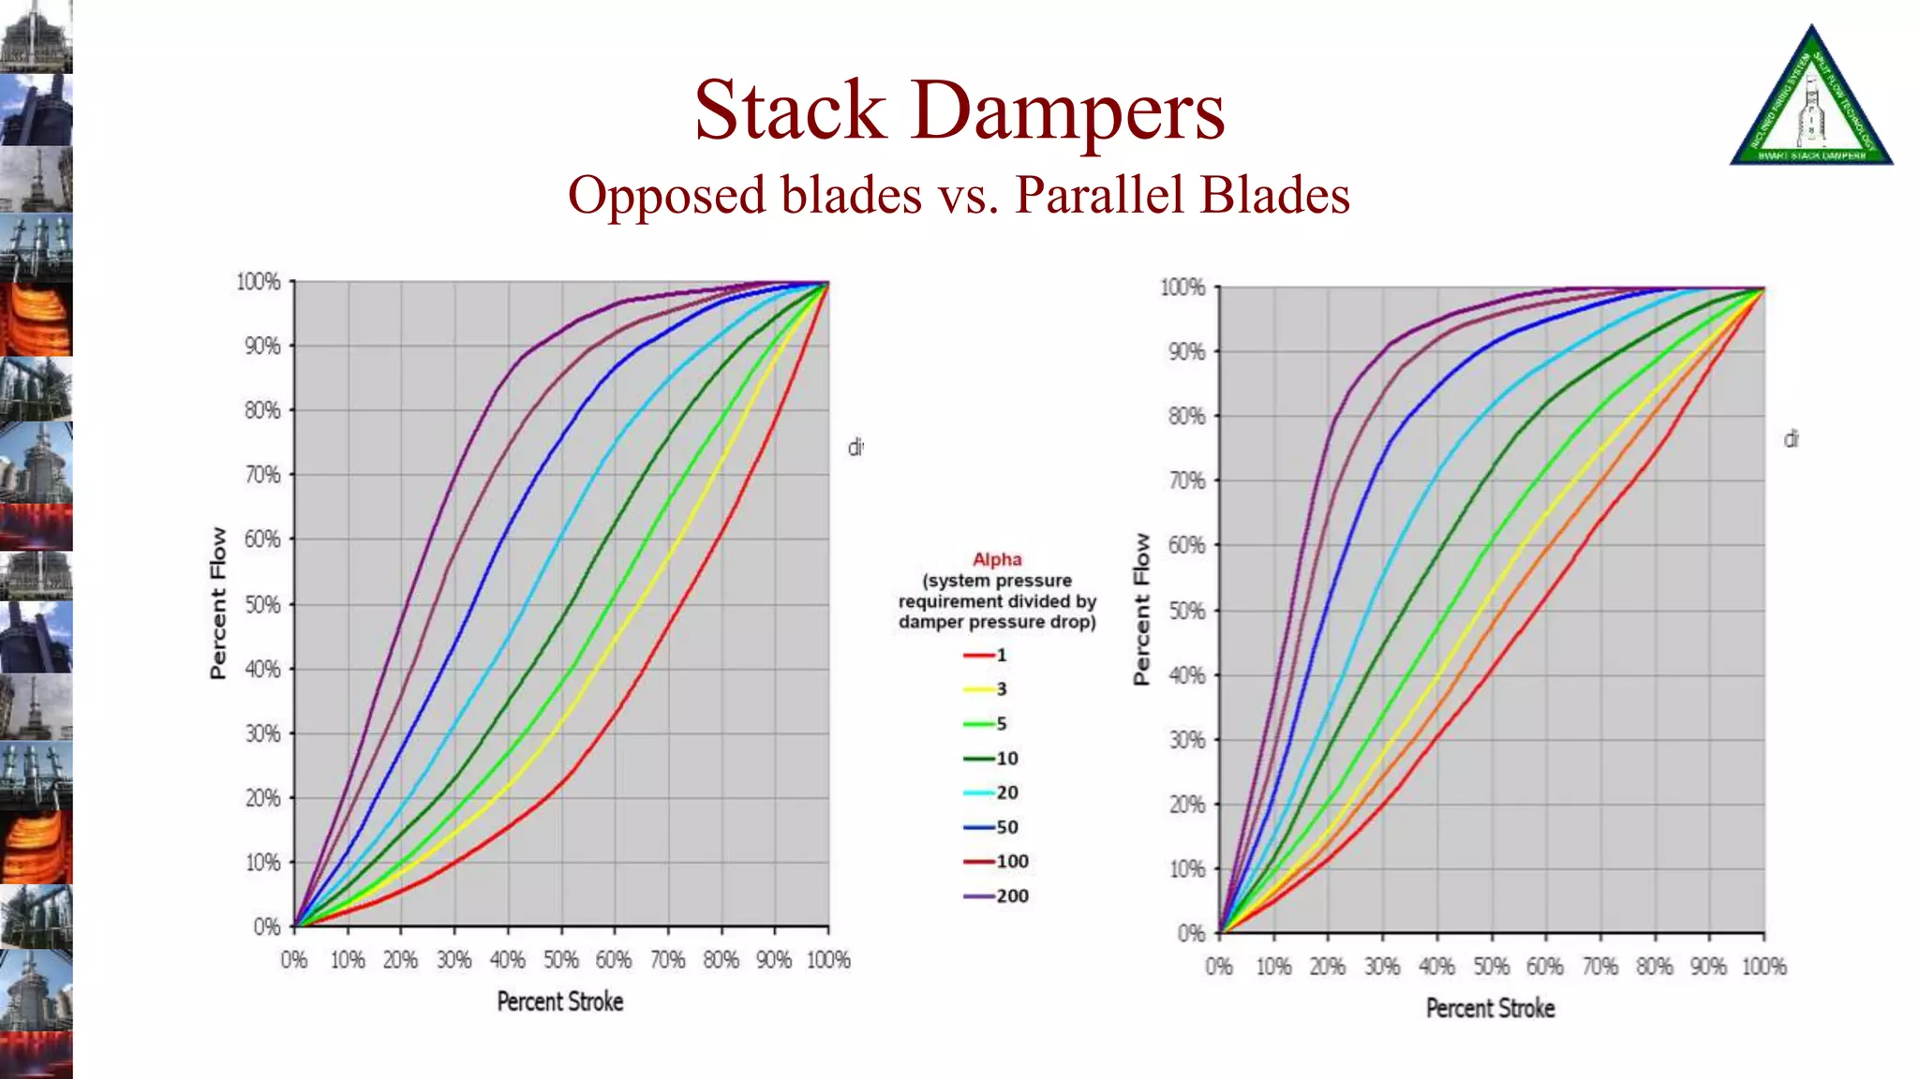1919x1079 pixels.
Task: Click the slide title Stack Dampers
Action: pyautogui.click(x=959, y=111)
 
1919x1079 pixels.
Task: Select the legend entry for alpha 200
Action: pyautogui.click(x=997, y=896)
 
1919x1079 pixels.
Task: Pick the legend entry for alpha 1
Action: pyautogui.click(x=986, y=656)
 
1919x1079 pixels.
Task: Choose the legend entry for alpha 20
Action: pyautogui.click(x=991, y=793)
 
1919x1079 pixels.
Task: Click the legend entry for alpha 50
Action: pyautogui.click(x=991, y=828)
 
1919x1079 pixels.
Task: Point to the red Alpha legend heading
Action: pyautogui.click(x=997, y=560)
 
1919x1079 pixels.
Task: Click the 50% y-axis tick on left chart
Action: pyautogui.click(x=263, y=605)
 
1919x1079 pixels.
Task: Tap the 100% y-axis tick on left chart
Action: pyautogui.click(x=259, y=282)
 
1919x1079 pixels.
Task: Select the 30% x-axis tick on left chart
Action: pyautogui.click(x=454, y=960)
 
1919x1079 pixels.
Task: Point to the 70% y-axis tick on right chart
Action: pyautogui.click(x=1187, y=481)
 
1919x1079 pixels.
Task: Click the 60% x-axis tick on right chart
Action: pyautogui.click(x=1545, y=967)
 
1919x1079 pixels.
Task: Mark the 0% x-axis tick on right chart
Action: pyautogui.click(x=1219, y=967)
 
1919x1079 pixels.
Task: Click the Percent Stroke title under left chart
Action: pyautogui.click(x=560, y=1002)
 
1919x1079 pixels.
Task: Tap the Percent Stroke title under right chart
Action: pyautogui.click(x=1491, y=1009)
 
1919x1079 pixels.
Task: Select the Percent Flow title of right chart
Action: pyautogui.click(x=1141, y=609)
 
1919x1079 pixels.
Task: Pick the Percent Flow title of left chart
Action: pyautogui.click(x=218, y=603)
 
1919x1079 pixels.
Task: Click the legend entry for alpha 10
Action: pyautogui.click(x=991, y=759)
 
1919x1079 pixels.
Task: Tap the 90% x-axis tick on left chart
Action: pyautogui.click(x=774, y=960)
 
